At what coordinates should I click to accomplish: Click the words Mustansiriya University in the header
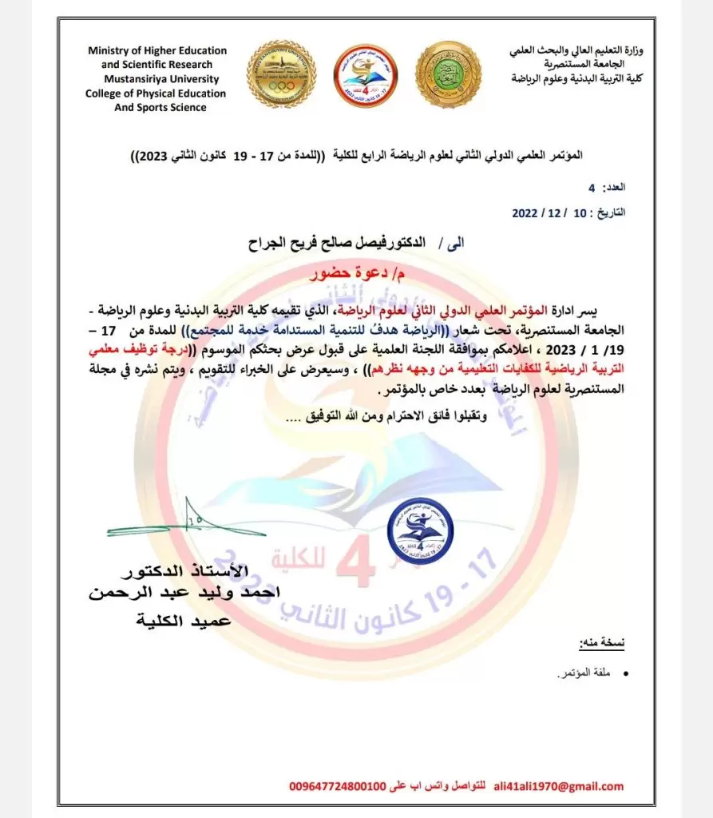tap(156, 79)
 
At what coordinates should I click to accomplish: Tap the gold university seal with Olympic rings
tap(281, 74)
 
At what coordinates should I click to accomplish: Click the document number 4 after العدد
tap(591, 188)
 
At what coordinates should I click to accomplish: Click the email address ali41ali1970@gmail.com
tap(559, 787)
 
